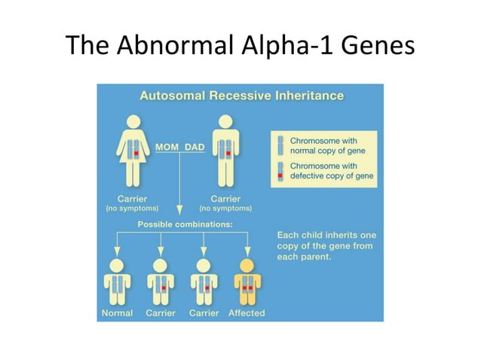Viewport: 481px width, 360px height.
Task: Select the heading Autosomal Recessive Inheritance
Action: [241, 96]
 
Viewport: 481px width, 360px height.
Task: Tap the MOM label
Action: [168, 146]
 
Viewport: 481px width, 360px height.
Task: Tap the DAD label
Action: [195, 146]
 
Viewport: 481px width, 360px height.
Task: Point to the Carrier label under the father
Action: [225, 198]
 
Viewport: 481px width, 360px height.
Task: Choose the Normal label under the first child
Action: [117, 313]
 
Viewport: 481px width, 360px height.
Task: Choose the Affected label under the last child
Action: [247, 313]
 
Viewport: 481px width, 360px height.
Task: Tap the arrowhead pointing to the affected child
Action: [247, 253]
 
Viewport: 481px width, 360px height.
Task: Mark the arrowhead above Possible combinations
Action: [180, 212]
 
